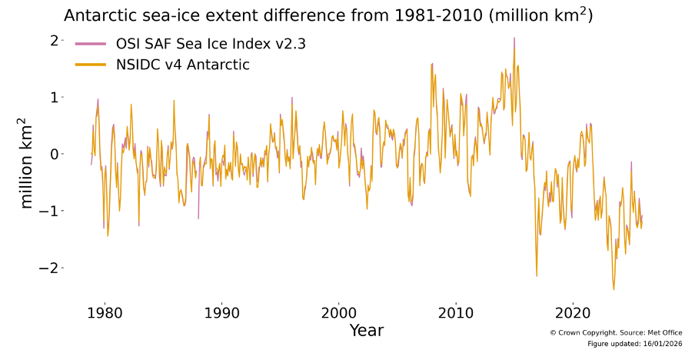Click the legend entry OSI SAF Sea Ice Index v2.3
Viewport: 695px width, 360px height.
click(x=215, y=44)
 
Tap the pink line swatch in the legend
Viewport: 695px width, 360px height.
click(x=90, y=44)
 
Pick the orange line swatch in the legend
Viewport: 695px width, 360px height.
click(x=90, y=65)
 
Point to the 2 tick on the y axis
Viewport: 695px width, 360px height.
click(x=55, y=40)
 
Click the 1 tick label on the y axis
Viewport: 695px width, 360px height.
click(x=55, y=97)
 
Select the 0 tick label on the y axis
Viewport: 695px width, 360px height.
click(x=55, y=154)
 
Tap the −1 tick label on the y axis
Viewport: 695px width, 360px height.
click(x=51, y=211)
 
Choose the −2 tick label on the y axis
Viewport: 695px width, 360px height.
click(x=51, y=268)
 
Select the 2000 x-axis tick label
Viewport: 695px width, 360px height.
click(x=338, y=314)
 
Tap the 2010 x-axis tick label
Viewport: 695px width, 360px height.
click(x=455, y=314)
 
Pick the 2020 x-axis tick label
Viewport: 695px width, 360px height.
click(x=572, y=314)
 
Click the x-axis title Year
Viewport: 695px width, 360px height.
click(x=366, y=332)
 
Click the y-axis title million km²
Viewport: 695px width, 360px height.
click(x=26, y=163)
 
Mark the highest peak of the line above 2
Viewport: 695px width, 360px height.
click(x=514, y=38)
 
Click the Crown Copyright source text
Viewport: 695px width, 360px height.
click(x=616, y=332)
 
